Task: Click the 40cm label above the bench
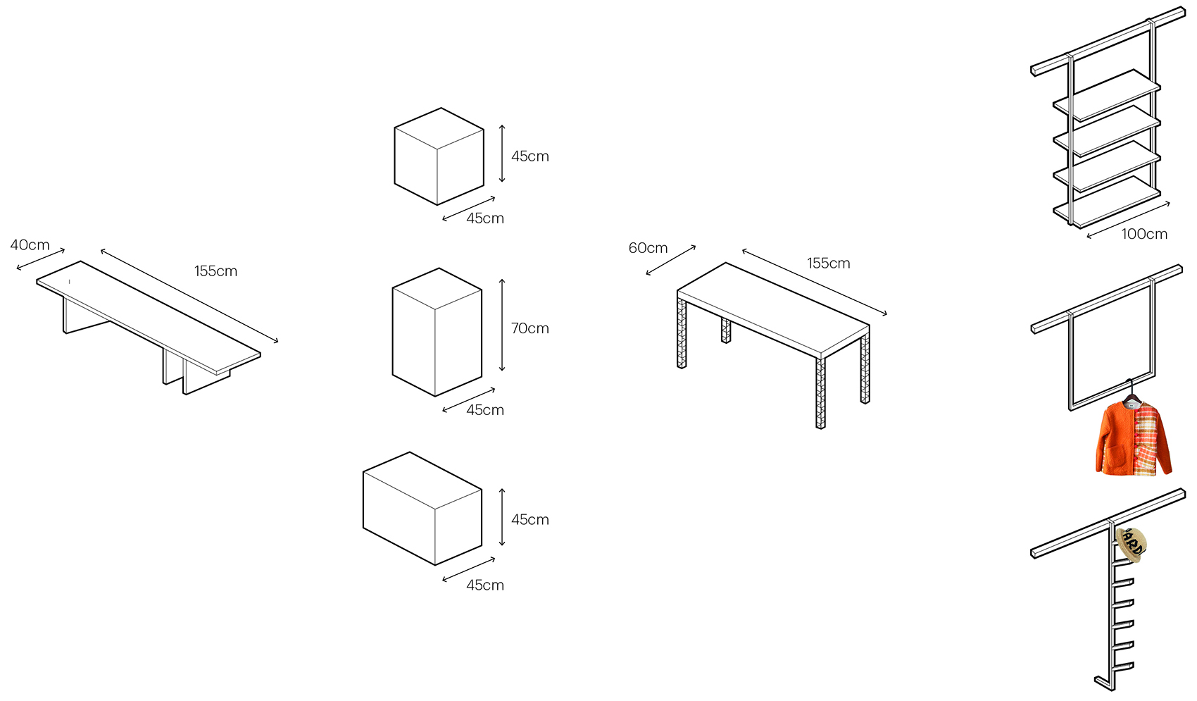30,245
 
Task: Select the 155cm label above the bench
215,271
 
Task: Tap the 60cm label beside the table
648,247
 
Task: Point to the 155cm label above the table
828,263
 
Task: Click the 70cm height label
529,328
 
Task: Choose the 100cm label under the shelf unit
1144,234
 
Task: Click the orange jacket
1134,438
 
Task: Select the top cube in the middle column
439,156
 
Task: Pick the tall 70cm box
437,332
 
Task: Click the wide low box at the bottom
422,509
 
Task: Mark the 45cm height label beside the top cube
529,156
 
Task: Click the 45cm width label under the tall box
484,409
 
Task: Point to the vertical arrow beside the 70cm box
502,325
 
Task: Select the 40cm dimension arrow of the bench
41,259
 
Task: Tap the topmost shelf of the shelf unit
1107,95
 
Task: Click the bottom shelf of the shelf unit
1107,203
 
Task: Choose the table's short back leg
726,330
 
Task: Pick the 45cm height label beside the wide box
529,519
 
